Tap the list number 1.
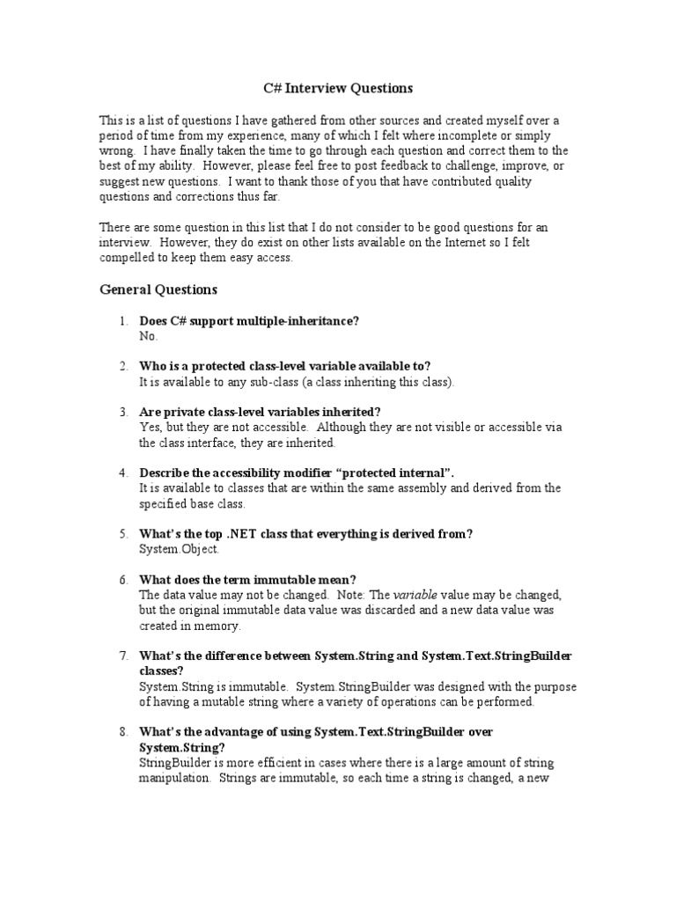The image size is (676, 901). (x=124, y=321)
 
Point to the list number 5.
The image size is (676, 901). (x=124, y=534)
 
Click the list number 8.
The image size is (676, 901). (x=124, y=732)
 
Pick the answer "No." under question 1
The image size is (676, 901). (x=149, y=336)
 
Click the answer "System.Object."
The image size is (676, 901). (x=180, y=549)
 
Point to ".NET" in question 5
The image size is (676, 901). (x=241, y=534)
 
